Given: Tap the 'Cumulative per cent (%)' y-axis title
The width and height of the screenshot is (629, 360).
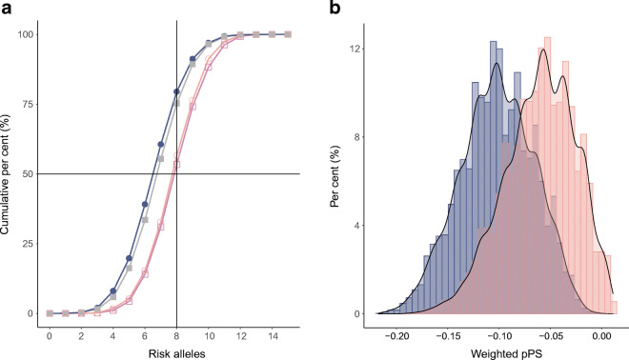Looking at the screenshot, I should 9,173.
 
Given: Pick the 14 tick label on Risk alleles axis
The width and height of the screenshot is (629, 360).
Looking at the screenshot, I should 273,335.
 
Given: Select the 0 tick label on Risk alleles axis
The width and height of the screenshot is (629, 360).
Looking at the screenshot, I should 50,335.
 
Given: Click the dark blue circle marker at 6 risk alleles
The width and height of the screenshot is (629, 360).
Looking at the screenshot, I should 145,204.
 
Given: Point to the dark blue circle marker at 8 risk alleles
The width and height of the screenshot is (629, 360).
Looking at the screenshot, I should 176,92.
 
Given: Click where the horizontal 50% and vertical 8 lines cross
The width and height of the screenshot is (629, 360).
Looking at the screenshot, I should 176,173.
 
